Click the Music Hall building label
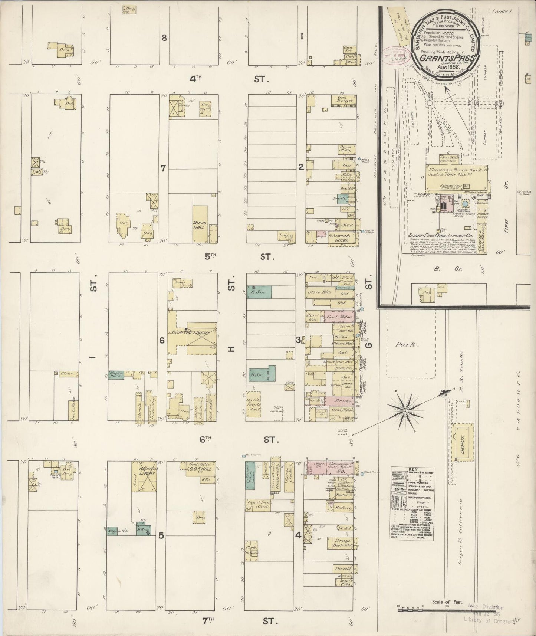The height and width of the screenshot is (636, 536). pyautogui.click(x=200, y=225)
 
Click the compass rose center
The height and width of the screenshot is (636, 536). pyautogui.click(x=405, y=411)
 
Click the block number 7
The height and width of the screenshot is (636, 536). pyautogui.click(x=163, y=168)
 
